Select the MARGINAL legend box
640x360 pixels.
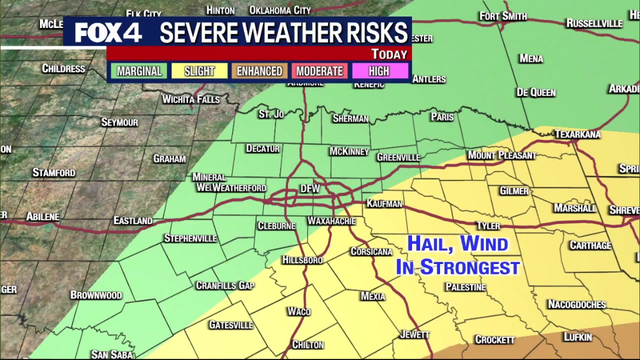[139, 72]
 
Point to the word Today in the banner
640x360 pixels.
[389, 54]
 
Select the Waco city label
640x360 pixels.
[299, 311]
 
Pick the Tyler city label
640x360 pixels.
[487, 226]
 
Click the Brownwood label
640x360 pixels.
[96, 296]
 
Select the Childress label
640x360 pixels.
[64, 69]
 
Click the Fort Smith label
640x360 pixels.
[502, 16]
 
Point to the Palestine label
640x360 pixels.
[468, 286]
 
